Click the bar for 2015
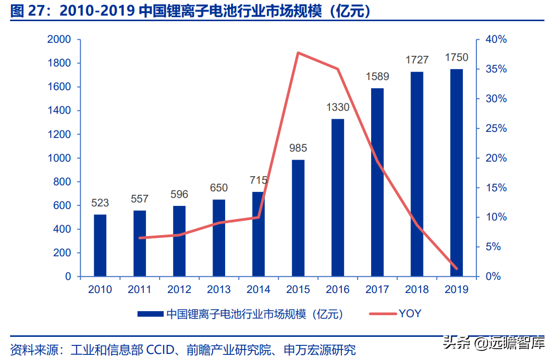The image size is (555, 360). [298, 218]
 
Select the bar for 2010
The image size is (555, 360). [100, 245]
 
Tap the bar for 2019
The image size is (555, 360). [456, 173]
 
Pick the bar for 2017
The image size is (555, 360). [377, 182]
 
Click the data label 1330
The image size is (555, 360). [337, 107]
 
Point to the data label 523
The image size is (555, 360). [100, 203]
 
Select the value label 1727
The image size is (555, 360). [417, 60]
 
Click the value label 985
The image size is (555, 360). [298, 149]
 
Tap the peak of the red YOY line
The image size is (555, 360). [298, 52]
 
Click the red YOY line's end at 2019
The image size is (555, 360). [456, 268]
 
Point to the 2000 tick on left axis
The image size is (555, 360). [59, 40]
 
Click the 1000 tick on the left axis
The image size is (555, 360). [59, 158]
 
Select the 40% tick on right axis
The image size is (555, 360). [496, 40]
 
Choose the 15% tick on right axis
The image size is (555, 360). [496, 188]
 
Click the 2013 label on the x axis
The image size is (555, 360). [219, 290]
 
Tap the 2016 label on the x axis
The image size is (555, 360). [337, 290]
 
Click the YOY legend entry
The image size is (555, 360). [410, 314]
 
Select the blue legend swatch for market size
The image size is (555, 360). [151, 314]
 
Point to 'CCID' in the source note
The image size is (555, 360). [160, 349]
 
